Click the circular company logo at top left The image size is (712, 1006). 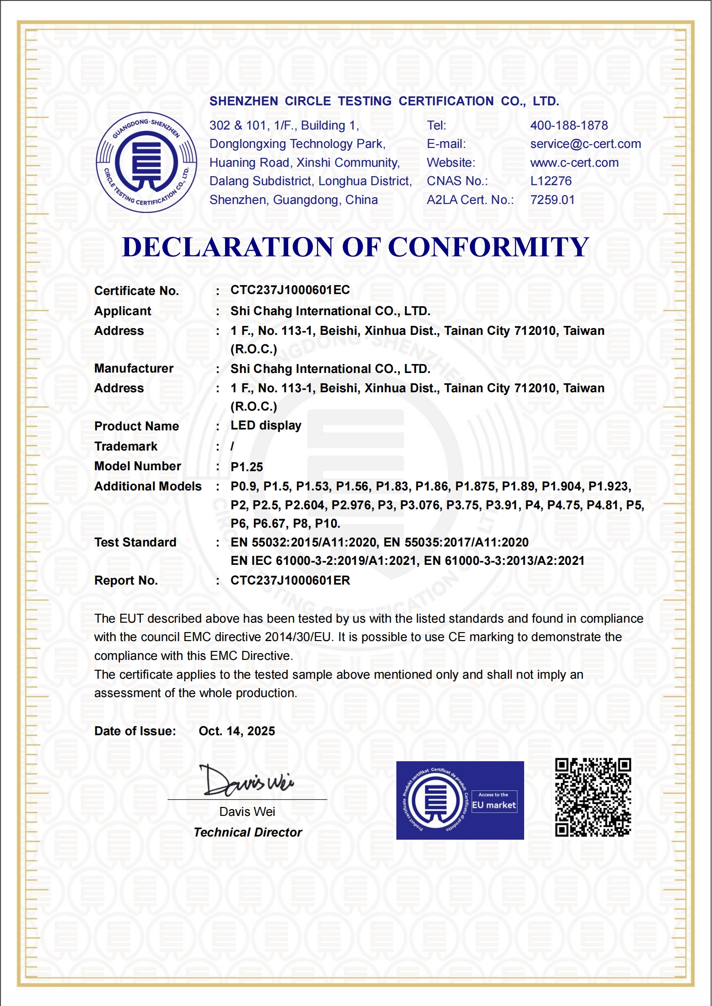click(147, 162)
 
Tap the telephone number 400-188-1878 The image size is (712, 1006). click(569, 126)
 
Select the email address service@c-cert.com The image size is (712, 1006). click(586, 144)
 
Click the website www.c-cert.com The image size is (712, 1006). click(574, 163)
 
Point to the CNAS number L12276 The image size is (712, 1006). click(551, 181)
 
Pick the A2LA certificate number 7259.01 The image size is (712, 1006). click(552, 200)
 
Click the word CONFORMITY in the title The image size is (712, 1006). click(488, 247)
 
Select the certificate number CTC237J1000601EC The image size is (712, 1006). click(290, 290)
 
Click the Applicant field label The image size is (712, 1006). click(123, 311)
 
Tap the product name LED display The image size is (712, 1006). click(266, 425)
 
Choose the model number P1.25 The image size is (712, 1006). click(247, 467)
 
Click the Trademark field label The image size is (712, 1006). click(126, 447)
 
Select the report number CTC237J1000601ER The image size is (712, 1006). click(290, 581)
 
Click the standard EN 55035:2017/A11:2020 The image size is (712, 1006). click(456, 542)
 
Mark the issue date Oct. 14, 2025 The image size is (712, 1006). click(237, 731)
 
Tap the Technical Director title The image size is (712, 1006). click(248, 833)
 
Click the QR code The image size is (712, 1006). click(593, 798)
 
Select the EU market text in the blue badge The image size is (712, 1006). click(494, 805)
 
